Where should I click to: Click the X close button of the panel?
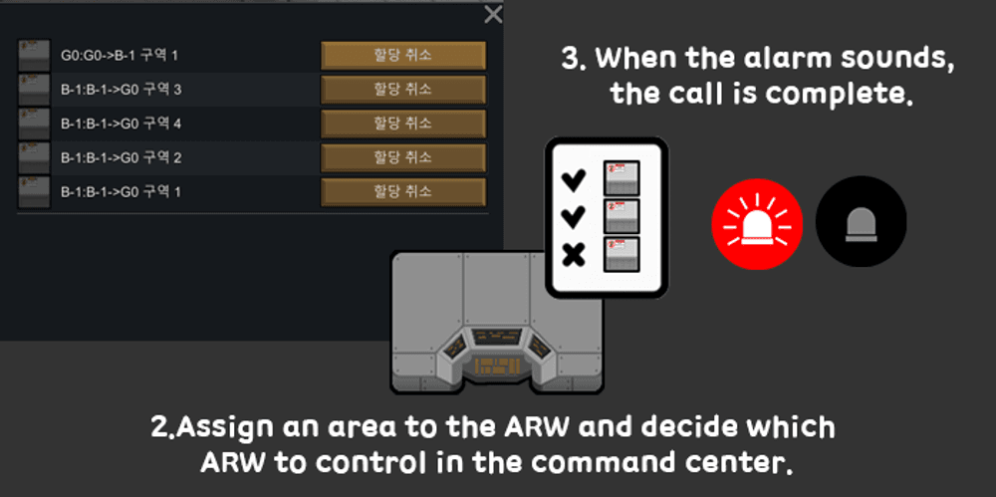click(493, 15)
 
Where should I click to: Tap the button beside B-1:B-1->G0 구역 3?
click(403, 90)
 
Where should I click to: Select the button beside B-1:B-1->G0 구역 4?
click(403, 124)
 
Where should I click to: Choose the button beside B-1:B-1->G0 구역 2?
click(403, 157)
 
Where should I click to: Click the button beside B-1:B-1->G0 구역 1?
click(403, 192)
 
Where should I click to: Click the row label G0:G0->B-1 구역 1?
click(120, 56)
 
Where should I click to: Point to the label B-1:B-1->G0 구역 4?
click(122, 124)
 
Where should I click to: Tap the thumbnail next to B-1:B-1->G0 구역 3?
click(34, 90)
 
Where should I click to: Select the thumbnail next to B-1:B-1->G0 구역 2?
click(34, 157)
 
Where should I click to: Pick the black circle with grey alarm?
click(861, 222)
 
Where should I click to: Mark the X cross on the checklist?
click(574, 256)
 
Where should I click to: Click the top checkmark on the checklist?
click(574, 180)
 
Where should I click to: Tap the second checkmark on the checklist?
click(574, 217)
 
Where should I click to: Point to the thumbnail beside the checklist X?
click(622, 254)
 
